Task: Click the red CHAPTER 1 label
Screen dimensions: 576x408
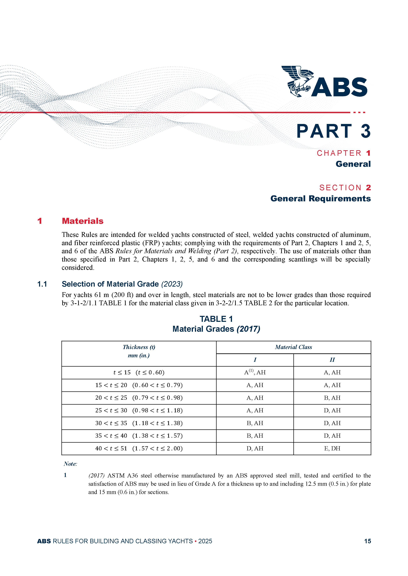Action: (x=343, y=153)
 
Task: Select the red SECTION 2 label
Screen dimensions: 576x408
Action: (x=345, y=187)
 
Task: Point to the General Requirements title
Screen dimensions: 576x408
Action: (x=320, y=199)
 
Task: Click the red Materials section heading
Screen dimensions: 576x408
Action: (x=82, y=221)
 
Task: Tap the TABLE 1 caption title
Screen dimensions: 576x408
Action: (x=216, y=319)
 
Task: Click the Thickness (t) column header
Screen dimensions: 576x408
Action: (x=139, y=347)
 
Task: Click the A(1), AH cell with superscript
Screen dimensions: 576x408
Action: (x=255, y=372)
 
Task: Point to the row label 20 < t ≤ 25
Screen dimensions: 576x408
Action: (x=111, y=398)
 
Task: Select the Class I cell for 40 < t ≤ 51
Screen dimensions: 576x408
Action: (x=255, y=448)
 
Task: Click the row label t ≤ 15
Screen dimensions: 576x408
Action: (x=122, y=372)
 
